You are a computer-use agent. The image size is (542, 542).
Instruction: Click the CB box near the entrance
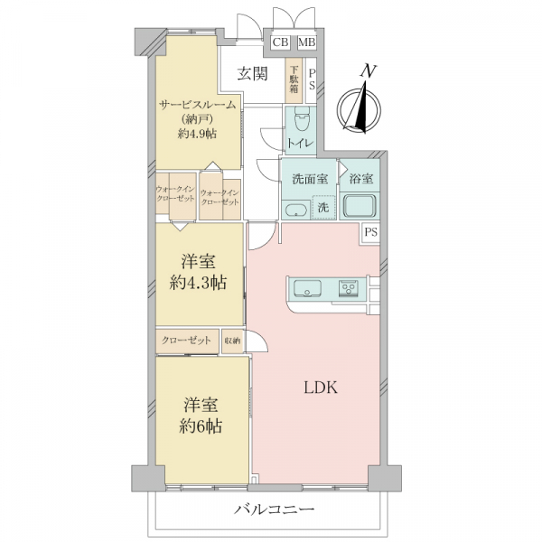280,42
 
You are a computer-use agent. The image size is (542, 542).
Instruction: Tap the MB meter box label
307,42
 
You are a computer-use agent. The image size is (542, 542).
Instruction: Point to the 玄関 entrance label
252,74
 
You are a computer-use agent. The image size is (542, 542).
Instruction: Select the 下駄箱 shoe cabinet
294,79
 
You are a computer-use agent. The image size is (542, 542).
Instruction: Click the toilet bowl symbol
302,118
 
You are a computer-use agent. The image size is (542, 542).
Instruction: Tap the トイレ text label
301,143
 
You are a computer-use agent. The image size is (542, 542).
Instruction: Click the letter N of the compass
369,70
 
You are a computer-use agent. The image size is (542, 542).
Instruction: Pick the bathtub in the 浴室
360,206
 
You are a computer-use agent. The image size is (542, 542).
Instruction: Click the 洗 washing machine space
323,207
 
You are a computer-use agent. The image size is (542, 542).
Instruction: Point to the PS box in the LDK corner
370,232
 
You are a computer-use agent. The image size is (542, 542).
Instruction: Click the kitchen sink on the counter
307,288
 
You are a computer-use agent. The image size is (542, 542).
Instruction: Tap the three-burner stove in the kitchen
348,288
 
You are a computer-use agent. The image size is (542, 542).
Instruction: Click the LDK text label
321,388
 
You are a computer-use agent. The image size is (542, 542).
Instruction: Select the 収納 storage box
232,341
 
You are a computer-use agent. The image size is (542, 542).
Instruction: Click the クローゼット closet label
186,341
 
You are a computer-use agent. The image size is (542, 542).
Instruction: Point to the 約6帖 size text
201,427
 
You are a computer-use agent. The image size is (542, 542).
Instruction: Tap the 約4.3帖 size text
198,283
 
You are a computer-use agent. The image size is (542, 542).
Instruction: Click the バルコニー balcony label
275,509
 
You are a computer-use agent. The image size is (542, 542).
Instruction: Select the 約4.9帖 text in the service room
197,134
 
